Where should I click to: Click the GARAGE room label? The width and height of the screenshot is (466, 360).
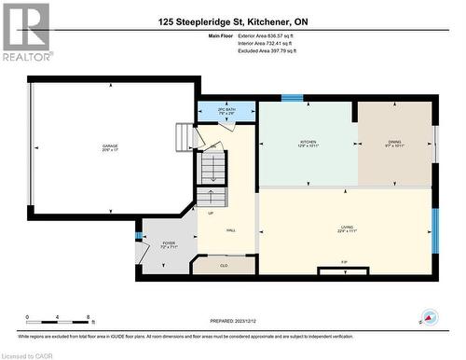click(111, 146)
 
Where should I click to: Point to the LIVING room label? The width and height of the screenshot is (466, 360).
click(347, 228)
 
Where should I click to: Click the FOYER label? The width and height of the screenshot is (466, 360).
click(168, 245)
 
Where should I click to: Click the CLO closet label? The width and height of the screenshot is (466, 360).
click(224, 266)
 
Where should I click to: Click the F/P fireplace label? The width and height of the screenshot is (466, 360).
click(344, 261)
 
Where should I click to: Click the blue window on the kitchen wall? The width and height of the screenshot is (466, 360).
click(292, 97)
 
